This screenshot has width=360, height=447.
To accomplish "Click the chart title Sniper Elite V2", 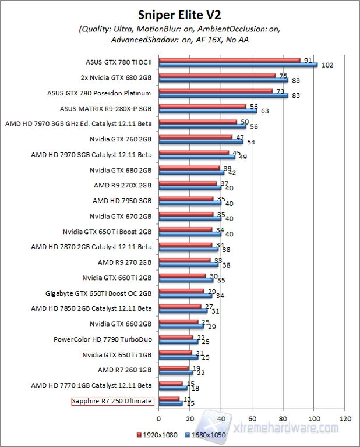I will coord(180,13).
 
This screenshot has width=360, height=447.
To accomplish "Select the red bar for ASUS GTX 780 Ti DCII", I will coord(228,60).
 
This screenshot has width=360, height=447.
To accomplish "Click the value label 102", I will coord(327,66).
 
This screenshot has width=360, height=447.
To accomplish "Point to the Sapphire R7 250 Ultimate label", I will coord(112,401).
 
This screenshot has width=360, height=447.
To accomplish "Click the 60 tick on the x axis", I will coord(252,418).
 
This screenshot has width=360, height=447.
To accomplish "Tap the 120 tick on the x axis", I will coord(345,418).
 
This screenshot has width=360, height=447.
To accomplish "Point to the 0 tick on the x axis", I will coord(158,418).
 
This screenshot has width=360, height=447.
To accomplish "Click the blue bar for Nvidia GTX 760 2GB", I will coord(200,141).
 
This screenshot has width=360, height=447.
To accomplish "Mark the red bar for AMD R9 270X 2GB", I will coord(187,183).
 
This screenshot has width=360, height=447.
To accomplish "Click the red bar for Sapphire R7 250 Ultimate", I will coord(168,399).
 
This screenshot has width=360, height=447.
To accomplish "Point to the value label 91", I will coord(306,59).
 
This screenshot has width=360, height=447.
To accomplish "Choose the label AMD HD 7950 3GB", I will coord(122,200).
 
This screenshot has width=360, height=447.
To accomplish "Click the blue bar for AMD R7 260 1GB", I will coord(175,372).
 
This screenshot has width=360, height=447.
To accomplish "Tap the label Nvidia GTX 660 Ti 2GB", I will coord(117,277).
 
